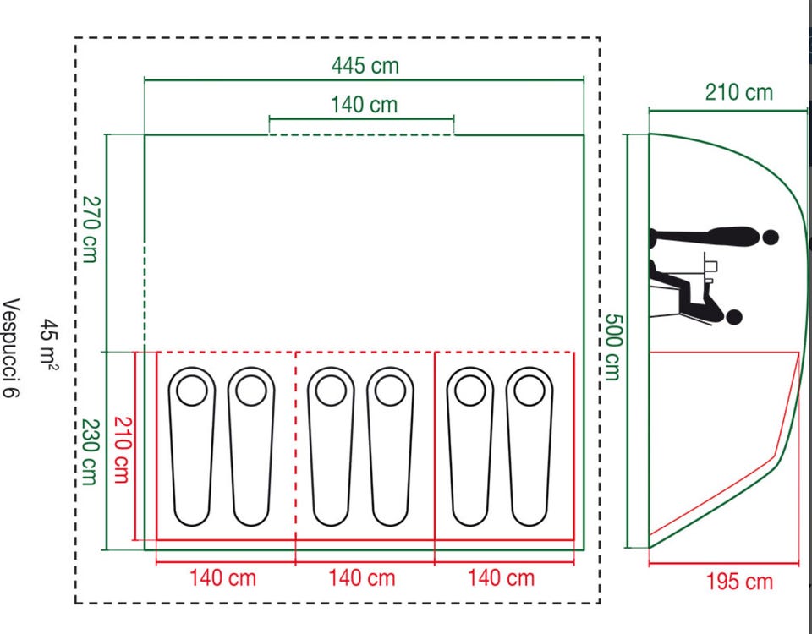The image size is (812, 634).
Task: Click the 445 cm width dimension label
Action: coord(365,66)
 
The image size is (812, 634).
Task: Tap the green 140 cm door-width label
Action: coord(364,105)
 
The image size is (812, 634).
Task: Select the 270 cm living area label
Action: coord(90,229)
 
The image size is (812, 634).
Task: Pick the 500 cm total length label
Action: coord(612,347)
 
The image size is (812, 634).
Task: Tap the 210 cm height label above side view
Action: coord(739,93)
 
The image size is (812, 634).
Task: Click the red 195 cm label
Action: coord(739,582)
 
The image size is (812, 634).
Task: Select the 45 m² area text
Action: coord(50,344)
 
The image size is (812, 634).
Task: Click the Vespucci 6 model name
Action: coord(11,347)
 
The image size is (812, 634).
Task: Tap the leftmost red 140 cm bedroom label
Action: coord(222,577)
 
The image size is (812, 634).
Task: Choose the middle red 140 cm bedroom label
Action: coord(362,577)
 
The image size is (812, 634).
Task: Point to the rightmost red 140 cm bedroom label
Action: coord(502,577)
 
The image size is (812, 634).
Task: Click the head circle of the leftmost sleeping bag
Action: coord(192,391)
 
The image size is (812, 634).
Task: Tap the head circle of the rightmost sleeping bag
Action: coord(529,391)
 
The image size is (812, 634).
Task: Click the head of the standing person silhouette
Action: coord(771,238)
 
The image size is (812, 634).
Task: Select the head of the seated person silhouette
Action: coord(733,317)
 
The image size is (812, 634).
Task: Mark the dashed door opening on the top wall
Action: coord(361,135)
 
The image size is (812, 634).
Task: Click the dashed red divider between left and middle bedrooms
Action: coord(295,446)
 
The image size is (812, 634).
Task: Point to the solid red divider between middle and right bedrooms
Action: coord(435,446)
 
